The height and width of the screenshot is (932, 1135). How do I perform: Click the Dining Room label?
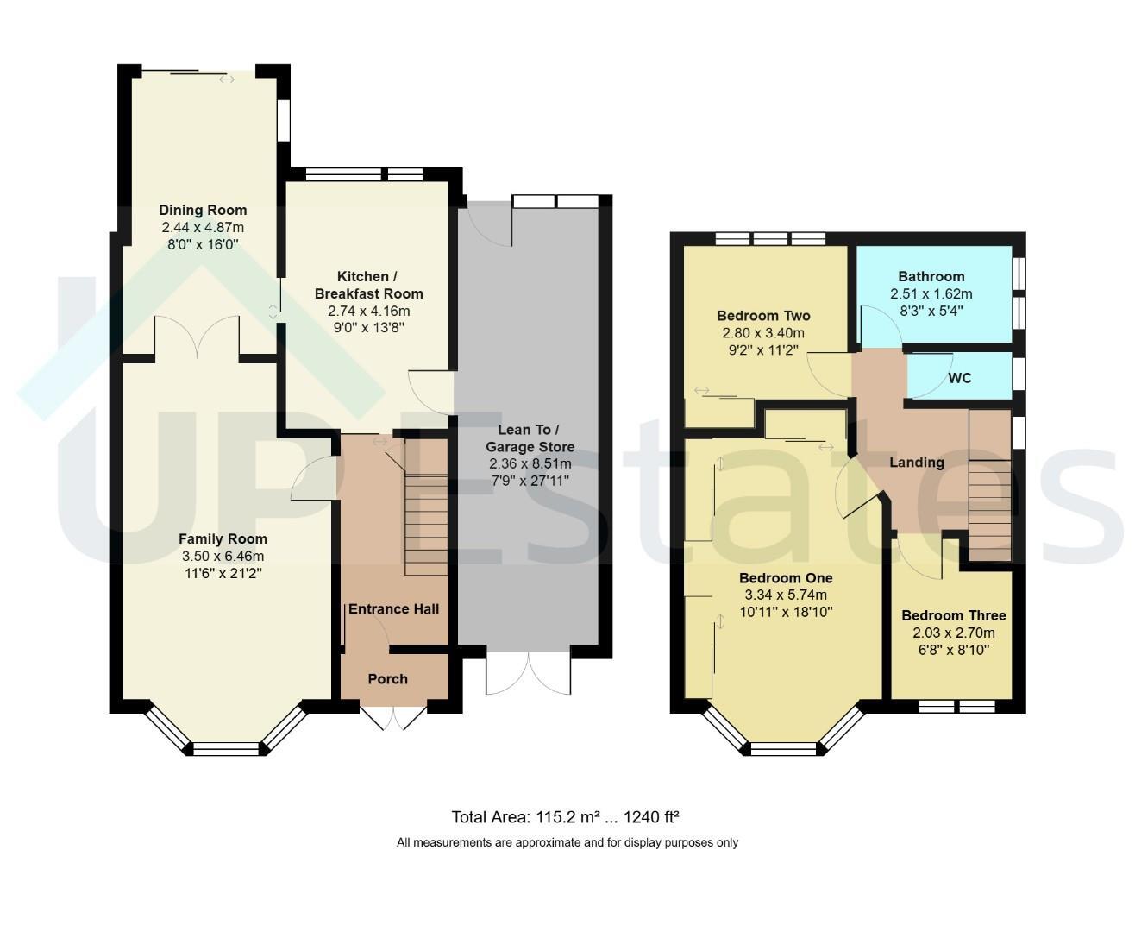(203, 210)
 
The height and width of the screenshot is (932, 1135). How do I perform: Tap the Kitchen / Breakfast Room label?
(368, 285)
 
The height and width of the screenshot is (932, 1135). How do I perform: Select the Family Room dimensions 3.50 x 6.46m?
(223, 557)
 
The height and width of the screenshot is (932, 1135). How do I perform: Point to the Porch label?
(387, 679)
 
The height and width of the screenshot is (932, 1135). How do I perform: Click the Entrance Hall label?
(393, 609)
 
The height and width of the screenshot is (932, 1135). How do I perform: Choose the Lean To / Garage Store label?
(530, 438)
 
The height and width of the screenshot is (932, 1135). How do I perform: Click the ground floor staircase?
(426, 524)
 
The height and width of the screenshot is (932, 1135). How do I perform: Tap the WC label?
(960, 378)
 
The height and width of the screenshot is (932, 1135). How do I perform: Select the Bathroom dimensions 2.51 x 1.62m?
(931, 294)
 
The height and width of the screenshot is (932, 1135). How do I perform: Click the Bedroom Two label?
(763, 316)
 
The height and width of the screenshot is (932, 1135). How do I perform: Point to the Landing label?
(917, 463)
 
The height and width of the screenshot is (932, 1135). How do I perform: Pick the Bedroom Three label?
(954, 615)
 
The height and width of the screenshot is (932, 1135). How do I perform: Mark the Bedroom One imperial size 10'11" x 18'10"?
(787, 612)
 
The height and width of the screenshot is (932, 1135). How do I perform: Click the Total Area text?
(565, 817)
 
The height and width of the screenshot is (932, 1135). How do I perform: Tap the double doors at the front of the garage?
(529, 673)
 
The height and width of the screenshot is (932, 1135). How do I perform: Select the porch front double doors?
(393, 715)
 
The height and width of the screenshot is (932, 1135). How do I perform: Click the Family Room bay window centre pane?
(225, 749)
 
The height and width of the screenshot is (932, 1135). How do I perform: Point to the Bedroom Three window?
(956, 706)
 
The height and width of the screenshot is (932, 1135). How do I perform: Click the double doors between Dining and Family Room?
(197, 337)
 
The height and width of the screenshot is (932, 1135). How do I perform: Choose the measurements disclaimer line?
(567, 842)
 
